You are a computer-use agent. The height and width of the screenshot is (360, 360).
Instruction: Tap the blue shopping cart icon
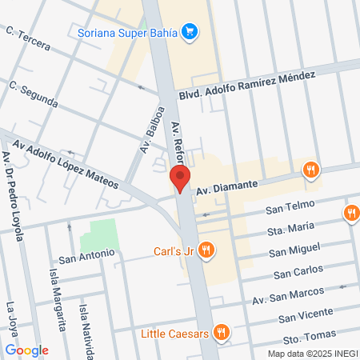(x=190, y=32)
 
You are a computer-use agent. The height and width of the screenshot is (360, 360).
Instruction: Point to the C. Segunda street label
(x=33, y=94)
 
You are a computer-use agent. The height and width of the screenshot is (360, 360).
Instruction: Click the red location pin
(x=182, y=179)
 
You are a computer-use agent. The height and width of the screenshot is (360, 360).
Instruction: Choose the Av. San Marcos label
(x=287, y=294)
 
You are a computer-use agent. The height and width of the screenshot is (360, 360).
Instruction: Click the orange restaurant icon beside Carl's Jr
(x=206, y=250)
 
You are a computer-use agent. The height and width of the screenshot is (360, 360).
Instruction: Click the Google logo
(x=26, y=350)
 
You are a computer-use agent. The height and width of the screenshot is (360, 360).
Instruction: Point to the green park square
(x=100, y=235)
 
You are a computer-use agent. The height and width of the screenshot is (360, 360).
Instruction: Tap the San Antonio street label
(x=86, y=258)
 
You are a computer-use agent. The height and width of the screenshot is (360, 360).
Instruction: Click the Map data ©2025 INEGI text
(x=312, y=354)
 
